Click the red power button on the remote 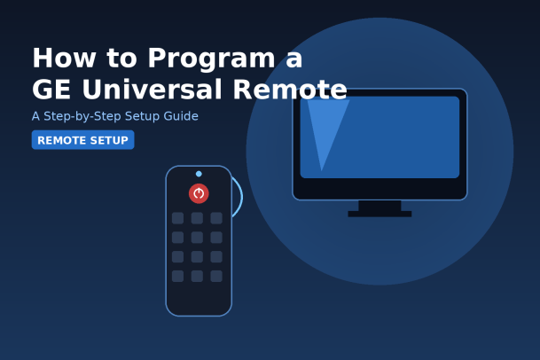199,193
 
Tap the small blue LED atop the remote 199,174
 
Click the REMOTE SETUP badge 83,140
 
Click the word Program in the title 211,59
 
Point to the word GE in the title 51,90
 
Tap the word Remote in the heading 290,90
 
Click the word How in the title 64,58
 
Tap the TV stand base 380,214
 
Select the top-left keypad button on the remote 177,218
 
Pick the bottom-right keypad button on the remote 216,276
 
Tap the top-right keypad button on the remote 216,218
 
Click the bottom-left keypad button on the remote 177,276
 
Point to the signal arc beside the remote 242,197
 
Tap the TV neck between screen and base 380,206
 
